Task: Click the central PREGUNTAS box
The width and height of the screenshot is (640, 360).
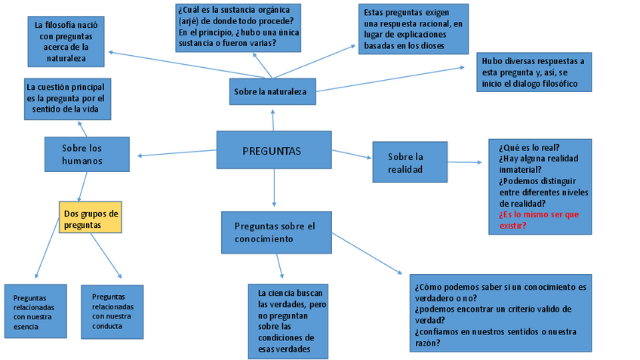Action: [273, 151]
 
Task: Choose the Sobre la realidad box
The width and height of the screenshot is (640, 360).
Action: [410, 162]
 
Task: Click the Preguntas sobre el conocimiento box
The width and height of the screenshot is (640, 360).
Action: [276, 232]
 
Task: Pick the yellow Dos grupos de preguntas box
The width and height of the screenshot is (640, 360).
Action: [90, 218]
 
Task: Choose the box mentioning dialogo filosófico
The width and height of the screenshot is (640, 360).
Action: [534, 72]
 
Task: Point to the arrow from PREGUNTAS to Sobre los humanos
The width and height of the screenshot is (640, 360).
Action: [177, 153]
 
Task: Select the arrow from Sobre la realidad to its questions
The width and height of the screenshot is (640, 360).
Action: [465, 162]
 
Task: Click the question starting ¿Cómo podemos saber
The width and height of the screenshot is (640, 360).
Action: [500, 288]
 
